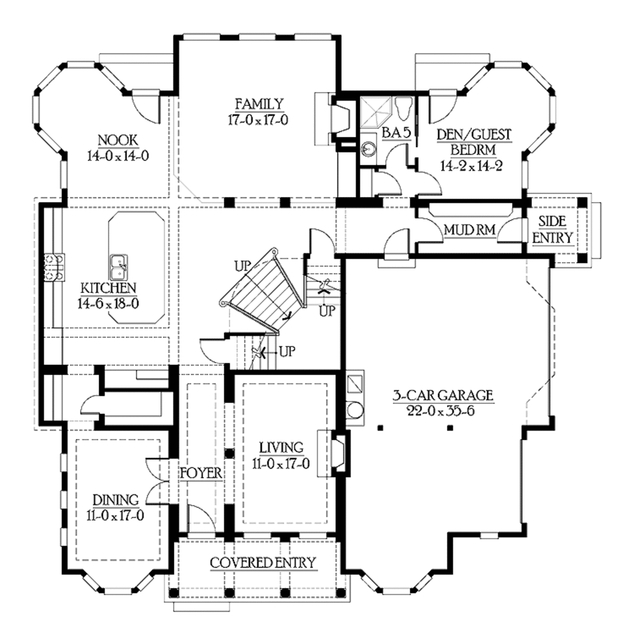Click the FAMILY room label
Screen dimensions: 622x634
pos(259,103)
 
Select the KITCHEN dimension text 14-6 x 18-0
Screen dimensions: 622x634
pos(108,304)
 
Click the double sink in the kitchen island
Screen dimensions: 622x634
pos(119,268)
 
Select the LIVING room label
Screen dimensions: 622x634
pos(280,447)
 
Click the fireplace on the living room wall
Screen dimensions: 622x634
pos(337,453)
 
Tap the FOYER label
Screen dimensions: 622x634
pos(201,474)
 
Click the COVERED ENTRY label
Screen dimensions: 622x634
pos(263,563)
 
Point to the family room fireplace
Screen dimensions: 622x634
pos(341,118)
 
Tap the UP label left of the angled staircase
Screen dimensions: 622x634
pos(243,266)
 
